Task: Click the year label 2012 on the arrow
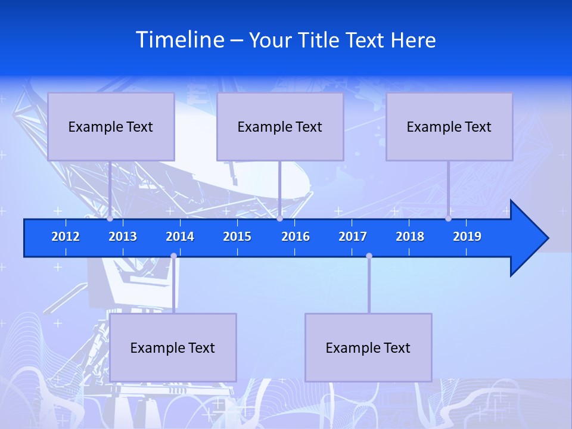point(66,237)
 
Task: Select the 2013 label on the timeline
point(123,237)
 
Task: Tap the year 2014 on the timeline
point(180,237)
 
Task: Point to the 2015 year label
point(237,237)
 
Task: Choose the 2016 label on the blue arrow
point(296,237)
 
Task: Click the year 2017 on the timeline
point(353,237)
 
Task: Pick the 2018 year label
point(410,237)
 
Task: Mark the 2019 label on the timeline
point(467,237)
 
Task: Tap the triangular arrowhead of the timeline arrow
point(528,238)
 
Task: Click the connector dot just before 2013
point(110,219)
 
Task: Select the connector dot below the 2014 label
point(173,256)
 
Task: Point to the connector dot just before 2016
point(279,219)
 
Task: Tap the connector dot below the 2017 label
point(369,256)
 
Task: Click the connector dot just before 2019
point(449,219)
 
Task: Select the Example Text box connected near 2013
point(111,127)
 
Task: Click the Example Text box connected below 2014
point(173,347)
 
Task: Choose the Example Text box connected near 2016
point(280,127)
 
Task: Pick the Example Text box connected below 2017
point(368,347)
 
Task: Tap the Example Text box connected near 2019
point(449,127)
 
